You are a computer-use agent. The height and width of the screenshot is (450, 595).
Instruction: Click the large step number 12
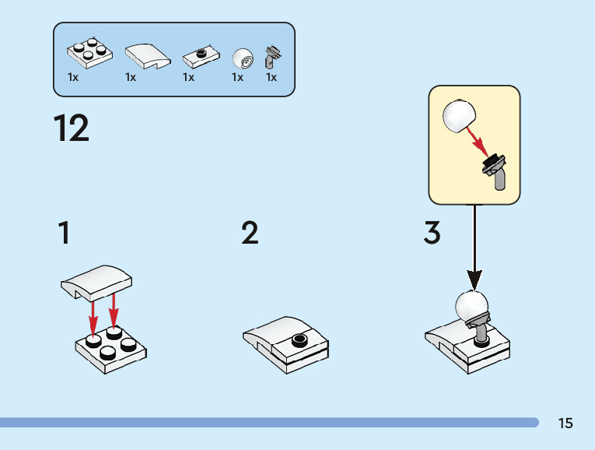pos(71,128)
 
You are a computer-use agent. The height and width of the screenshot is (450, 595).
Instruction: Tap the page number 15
pos(565,423)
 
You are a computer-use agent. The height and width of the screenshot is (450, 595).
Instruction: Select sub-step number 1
pos(64,233)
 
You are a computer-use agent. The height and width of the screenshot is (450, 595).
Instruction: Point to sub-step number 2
pos(250,233)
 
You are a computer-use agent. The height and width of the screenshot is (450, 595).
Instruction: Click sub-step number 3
pos(432,233)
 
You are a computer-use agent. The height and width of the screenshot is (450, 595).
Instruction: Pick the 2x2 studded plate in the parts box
pos(90,53)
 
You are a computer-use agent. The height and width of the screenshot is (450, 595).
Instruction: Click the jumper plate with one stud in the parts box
pos(201,57)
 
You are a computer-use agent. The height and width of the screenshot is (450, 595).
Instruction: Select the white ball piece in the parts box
pos(243,59)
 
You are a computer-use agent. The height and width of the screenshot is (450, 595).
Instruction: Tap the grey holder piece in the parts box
pos(271,57)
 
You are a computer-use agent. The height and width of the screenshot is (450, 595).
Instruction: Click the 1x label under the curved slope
pos(131,78)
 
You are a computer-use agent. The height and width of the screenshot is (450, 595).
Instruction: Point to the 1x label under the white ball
pos(237,78)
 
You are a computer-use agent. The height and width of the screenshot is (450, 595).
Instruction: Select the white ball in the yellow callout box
pos(459,116)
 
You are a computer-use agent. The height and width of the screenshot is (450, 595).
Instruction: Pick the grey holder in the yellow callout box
pos(495,171)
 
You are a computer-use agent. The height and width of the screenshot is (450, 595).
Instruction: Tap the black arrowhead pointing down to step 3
pos(474,279)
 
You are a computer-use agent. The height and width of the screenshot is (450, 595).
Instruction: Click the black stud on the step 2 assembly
pos(299,339)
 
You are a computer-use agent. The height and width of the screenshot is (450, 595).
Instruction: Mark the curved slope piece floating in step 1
pos(96,283)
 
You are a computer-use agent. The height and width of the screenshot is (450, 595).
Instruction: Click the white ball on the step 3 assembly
pos(471,305)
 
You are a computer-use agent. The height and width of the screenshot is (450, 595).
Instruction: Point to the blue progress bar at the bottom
pos(269,423)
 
